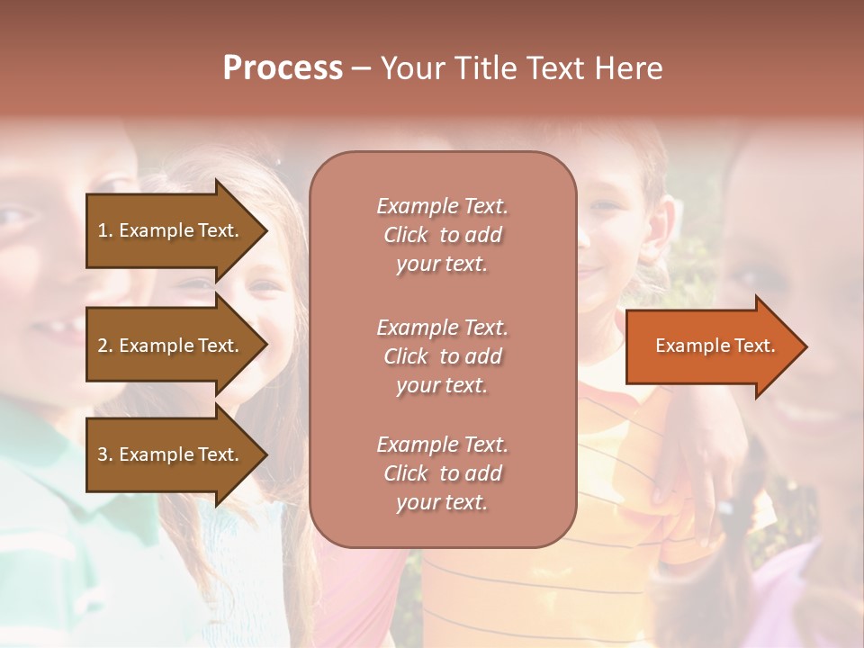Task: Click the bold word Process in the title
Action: pyautogui.click(x=283, y=68)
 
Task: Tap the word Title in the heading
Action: pyautogui.click(x=485, y=68)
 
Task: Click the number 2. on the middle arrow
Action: pyautogui.click(x=104, y=346)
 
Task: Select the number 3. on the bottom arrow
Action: pyautogui.click(x=104, y=454)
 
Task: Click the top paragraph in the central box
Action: pyautogui.click(x=442, y=235)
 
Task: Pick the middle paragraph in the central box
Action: pyautogui.click(x=442, y=356)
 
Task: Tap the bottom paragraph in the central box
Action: pyautogui.click(x=442, y=473)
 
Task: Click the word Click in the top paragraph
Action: pyautogui.click(x=406, y=235)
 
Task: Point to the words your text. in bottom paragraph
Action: pyautogui.click(x=442, y=502)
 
